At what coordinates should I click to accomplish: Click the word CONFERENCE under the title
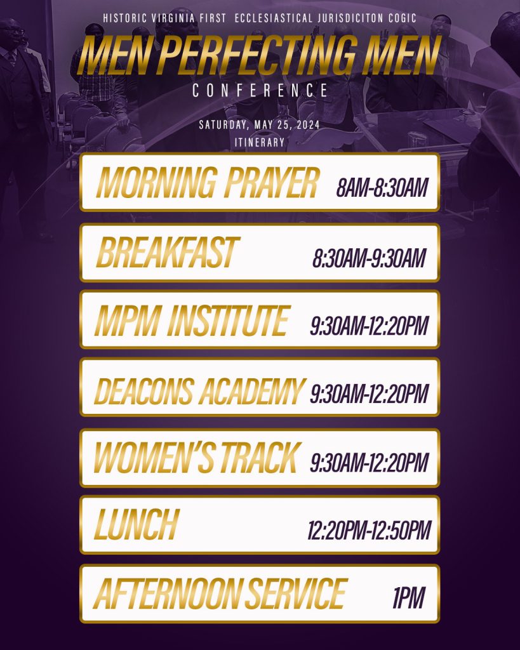tap(260, 90)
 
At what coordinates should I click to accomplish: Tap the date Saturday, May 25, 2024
tap(260, 125)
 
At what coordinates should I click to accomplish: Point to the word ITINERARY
tap(260, 142)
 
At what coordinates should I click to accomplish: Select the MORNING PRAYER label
tap(208, 182)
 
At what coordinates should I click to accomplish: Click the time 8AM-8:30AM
tap(382, 187)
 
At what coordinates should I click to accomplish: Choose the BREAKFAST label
tap(168, 252)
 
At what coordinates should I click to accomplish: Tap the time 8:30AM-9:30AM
tap(369, 258)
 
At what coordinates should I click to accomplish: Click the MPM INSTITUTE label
tap(192, 320)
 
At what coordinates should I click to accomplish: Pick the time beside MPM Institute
tap(369, 326)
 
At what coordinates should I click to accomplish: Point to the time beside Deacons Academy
tap(369, 394)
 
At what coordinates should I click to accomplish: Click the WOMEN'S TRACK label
tap(197, 457)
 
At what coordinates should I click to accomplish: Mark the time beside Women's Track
tap(369, 462)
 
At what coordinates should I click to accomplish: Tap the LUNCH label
tap(137, 524)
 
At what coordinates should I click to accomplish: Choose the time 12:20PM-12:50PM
tap(369, 530)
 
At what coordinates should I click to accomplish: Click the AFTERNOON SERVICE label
tap(220, 594)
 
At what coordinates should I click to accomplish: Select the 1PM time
tap(409, 598)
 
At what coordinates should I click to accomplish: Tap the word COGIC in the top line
tap(403, 18)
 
